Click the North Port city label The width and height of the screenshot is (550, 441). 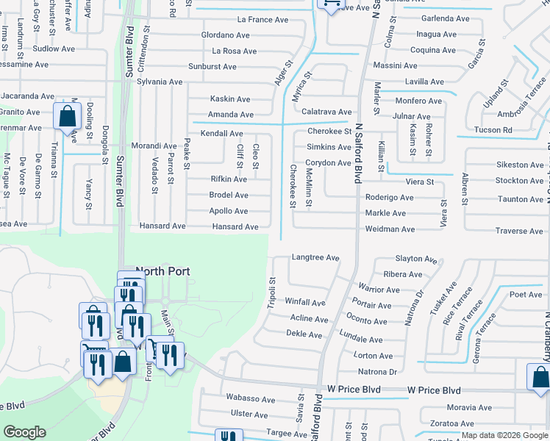[163, 271]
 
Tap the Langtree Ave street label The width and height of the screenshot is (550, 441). [315, 258]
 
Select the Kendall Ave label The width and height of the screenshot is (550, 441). [222, 133]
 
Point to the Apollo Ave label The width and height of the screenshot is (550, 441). [229, 211]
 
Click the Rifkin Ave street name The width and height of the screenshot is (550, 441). [229, 179]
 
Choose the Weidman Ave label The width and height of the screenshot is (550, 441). [390, 229]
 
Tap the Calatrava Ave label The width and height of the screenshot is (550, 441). [326, 112]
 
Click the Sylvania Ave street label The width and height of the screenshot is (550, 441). [160, 82]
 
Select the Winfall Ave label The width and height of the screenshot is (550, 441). [305, 302]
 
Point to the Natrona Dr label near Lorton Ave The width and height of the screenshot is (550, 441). [377, 372]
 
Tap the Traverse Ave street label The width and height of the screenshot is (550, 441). [519, 232]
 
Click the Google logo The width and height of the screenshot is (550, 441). [24, 432]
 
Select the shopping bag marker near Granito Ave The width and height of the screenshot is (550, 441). [67, 115]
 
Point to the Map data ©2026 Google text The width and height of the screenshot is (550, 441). [504, 435]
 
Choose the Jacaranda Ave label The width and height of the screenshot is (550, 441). [27, 96]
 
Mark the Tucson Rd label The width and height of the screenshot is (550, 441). [493, 130]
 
